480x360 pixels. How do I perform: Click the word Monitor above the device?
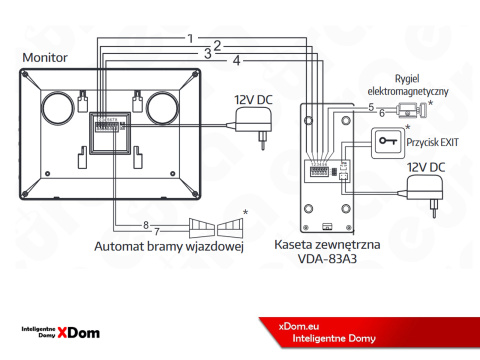44,59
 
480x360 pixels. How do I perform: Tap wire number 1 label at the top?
190,38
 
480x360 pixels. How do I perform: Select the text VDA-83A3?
329,258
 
